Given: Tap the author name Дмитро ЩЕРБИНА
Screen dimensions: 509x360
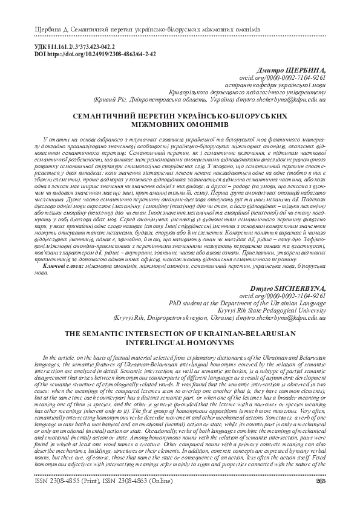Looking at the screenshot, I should coord(292,70).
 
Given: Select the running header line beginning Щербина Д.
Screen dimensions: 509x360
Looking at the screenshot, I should coord(139,30).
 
